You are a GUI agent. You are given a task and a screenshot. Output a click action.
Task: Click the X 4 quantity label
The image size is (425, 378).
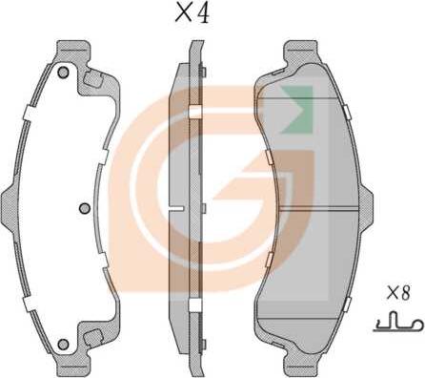click(192, 14)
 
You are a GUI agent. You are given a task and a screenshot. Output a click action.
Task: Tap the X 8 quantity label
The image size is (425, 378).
click(398, 293)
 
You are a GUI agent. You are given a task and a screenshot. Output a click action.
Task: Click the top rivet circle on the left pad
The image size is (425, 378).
click(63, 73)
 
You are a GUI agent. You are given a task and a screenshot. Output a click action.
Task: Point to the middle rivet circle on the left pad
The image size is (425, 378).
click(85, 208)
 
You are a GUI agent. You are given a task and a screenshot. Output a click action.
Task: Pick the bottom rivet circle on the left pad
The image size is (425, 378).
click(63, 344)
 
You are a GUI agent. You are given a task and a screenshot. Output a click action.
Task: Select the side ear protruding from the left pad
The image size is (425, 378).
click(9, 208)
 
